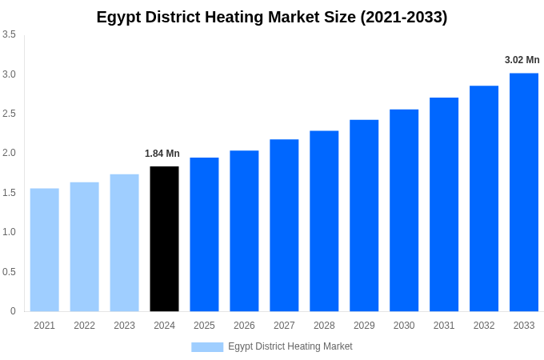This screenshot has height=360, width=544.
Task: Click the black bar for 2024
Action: pos(164,239)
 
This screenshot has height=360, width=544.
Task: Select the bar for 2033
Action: pos(524,192)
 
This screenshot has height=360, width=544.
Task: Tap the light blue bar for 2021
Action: pos(45,250)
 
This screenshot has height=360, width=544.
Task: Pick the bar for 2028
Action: pos(324,221)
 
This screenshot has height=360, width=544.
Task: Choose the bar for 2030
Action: pos(404,210)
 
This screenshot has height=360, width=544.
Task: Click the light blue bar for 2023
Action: pos(124,243)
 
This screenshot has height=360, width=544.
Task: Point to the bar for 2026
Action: pos(244,231)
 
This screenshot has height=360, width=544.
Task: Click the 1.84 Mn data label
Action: pos(162,154)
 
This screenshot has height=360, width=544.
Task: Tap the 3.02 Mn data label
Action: pos(522,60)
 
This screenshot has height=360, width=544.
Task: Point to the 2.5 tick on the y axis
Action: pos(9,114)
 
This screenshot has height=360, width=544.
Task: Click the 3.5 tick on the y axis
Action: pos(9,34)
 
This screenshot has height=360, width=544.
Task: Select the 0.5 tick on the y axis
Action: pos(9,272)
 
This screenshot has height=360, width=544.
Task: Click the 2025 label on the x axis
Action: pos(204,326)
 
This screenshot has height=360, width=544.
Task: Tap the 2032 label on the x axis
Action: pos(484,326)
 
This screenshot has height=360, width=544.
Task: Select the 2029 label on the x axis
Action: pos(364,326)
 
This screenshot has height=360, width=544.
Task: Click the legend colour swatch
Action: pos(207,347)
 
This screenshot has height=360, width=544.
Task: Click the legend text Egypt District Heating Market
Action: pos(290,346)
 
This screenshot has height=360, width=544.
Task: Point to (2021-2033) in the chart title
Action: pos(403,17)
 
